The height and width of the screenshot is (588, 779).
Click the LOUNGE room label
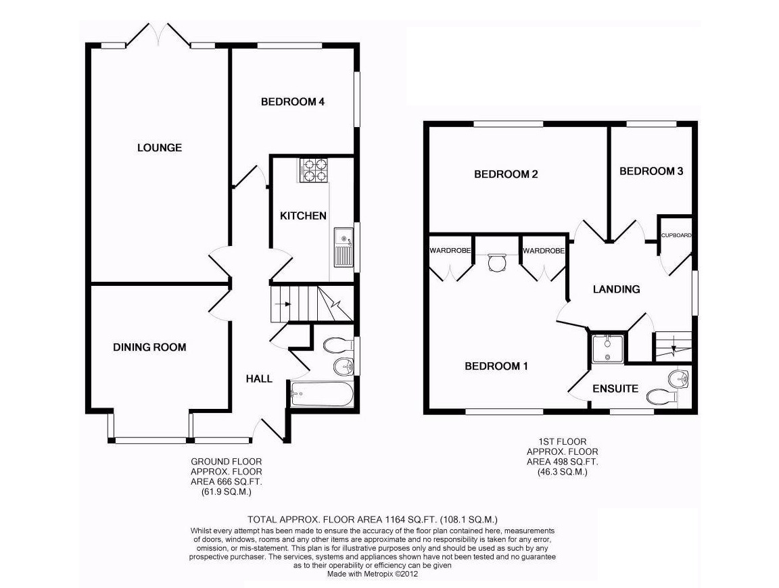tap(160, 147)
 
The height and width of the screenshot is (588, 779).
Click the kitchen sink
tap(344, 247)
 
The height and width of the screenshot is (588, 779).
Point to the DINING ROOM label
tap(149, 347)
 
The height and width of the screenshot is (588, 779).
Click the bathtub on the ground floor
tap(322, 393)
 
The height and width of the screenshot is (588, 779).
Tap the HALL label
tap(259, 378)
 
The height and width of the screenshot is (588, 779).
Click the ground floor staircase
tap(311, 303)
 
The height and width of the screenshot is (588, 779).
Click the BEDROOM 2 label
tap(506, 174)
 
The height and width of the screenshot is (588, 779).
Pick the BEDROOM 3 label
tap(651, 171)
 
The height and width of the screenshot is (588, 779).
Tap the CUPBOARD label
tap(676, 235)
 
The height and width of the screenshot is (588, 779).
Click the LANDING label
tap(616, 289)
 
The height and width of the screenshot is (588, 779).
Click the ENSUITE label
tap(615, 389)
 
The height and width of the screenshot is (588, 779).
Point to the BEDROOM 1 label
tap(496, 366)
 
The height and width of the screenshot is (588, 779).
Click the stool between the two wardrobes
tap(497, 262)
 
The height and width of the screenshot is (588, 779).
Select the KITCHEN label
tap(304, 216)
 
